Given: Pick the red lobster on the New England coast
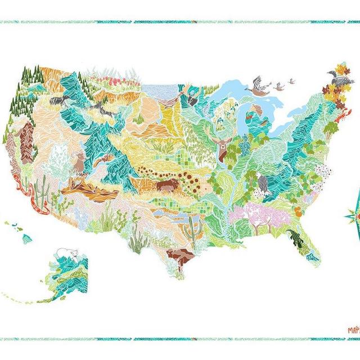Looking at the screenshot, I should (340, 117).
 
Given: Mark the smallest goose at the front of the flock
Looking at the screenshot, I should (291, 81).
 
